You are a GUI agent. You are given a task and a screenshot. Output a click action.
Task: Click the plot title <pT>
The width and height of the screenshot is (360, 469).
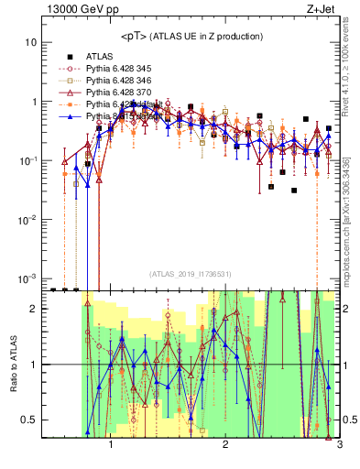[x=135, y=36]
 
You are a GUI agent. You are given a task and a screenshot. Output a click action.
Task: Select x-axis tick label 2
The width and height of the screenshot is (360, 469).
[x=225, y=445]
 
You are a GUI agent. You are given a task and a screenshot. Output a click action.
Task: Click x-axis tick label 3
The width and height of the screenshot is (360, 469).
[x=339, y=445]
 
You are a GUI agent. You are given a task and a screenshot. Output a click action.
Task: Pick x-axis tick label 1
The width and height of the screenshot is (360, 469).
[x=111, y=445]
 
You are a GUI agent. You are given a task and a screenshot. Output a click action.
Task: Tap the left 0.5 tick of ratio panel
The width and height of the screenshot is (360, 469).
[x=28, y=420]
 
